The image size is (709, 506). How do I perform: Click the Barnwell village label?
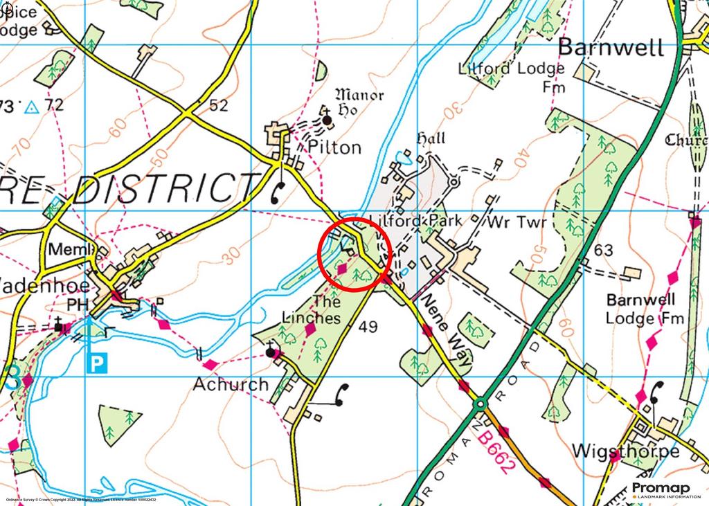point(611,48)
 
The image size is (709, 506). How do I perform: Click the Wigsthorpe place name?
point(626,451)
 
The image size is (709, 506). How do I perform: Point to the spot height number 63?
point(603,249)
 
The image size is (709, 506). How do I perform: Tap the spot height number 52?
point(218,105)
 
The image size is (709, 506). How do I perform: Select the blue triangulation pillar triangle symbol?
point(30,107)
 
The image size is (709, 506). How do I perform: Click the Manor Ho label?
point(359,102)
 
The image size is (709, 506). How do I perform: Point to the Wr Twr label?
point(517,223)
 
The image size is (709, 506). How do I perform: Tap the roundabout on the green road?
point(480,402)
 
